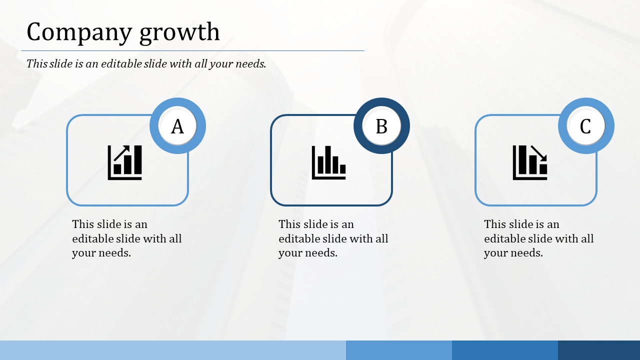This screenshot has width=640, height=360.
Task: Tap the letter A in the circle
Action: [x=177, y=126]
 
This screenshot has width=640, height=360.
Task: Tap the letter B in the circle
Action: [x=381, y=126]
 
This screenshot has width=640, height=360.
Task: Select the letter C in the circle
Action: [x=585, y=126]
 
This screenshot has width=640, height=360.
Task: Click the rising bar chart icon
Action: [x=125, y=162]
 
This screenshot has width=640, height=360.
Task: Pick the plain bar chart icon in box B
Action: [x=329, y=162]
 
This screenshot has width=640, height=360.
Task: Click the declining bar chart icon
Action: [x=530, y=162]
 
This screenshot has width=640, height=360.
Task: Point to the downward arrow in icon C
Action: [x=539, y=152]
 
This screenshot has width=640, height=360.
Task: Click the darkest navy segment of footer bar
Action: [x=599, y=350]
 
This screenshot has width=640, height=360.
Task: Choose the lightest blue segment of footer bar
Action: [x=172, y=350]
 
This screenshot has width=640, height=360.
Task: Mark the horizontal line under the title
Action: [x=192, y=50]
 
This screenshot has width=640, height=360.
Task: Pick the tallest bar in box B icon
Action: [x=328, y=160]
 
